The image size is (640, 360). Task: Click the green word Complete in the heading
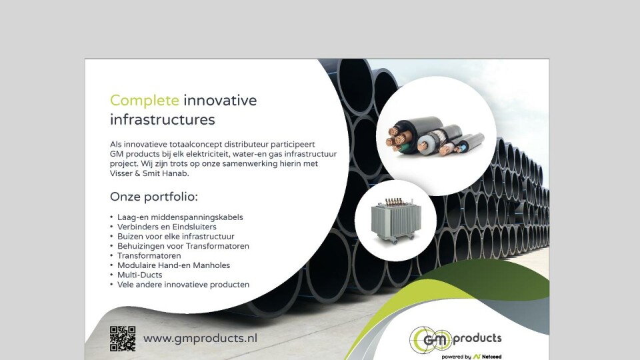click(145, 101)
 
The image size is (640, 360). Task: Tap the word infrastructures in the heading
click(163, 119)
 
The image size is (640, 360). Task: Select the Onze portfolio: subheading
click(154, 197)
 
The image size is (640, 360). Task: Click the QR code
click(123, 339)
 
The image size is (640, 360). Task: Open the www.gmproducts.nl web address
click(200, 339)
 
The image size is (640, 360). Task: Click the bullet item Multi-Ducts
click(139, 275)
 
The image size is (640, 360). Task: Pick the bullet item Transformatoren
click(149, 255)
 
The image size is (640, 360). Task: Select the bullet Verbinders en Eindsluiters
click(167, 227)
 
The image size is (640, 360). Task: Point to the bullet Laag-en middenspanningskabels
click(180, 217)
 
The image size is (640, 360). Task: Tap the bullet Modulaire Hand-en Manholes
click(173, 265)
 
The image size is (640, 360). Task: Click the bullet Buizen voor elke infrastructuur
click(175, 236)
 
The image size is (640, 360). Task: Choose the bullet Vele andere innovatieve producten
click(183, 285)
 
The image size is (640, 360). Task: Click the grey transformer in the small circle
click(396, 221)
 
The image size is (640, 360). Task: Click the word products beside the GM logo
click(477, 339)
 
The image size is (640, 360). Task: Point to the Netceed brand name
click(491, 357)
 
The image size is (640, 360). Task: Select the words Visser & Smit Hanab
click(149, 173)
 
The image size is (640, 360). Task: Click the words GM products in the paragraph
click(134, 154)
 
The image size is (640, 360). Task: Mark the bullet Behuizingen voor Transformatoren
click(183, 246)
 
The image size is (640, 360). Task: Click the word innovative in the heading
click(220, 101)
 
